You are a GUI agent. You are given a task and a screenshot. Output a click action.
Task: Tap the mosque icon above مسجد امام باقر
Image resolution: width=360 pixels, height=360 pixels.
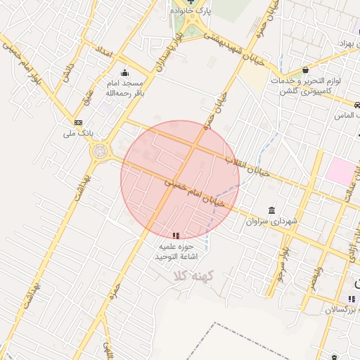click(x=125, y=72)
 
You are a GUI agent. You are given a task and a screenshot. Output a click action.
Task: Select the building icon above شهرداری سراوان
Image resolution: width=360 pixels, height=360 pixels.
click(x=271, y=210)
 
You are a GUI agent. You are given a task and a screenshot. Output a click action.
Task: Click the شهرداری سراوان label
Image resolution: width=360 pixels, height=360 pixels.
click(x=272, y=222)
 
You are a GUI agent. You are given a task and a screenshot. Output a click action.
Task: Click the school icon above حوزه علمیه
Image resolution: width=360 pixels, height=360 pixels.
click(x=176, y=235)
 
